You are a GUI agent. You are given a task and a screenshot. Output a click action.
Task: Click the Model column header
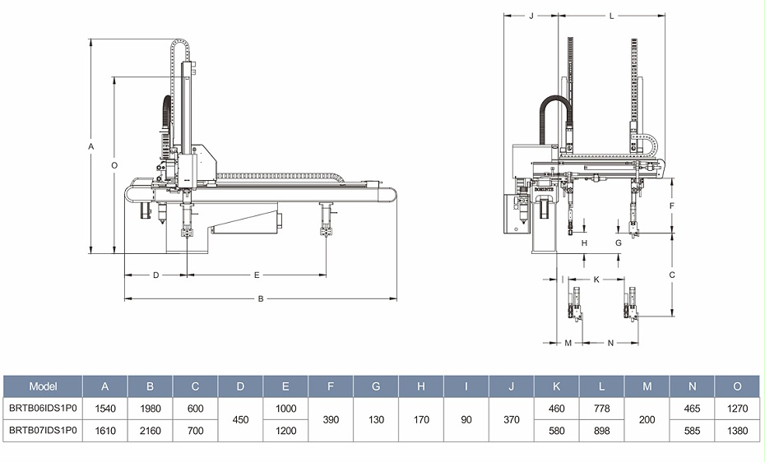pyautogui.click(x=43, y=386)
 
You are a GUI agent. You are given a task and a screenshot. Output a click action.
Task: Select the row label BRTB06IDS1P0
pyautogui.click(x=43, y=408)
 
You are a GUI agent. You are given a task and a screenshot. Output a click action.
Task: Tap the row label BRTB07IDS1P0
pyautogui.click(x=43, y=430)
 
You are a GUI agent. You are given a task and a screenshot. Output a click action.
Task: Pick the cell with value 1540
pyautogui.click(x=105, y=408)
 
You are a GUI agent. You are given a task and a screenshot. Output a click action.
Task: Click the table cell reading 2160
pyautogui.click(x=151, y=430)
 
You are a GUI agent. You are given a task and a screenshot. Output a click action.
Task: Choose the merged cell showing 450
pyautogui.click(x=241, y=419)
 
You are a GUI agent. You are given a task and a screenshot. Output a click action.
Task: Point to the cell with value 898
pyautogui.click(x=602, y=430)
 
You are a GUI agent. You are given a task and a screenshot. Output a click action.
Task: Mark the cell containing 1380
pyautogui.click(x=737, y=430)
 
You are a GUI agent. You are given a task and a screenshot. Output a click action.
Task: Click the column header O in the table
pyautogui.click(x=737, y=386)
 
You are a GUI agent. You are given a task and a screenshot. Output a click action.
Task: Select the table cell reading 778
pyautogui.click(x=602, y=408)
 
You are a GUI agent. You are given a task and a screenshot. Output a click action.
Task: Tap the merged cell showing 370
pyautogui.click(x=512, y=419)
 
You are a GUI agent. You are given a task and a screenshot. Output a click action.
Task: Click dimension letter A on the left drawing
pyautogui.click(x=91, y=146)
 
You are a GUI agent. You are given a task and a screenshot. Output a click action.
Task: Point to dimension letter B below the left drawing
pyautogui.click(x=261, y=298)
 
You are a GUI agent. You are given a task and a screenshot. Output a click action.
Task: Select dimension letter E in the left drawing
pyautogui.click(x=257, y=275)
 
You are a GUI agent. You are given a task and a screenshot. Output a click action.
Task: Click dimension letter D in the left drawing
pyautogui.click(x=155, y=275)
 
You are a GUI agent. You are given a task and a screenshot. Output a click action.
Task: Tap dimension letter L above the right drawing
pyautogui.click(x=612, y=16)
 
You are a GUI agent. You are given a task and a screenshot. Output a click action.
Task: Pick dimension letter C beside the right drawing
pyautogui.click(x=672, y=275)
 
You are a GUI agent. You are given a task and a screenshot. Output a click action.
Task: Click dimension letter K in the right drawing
pyautogui.click(x=596, y=280)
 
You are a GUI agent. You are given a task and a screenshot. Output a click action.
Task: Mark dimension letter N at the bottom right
pyautogui.click(x=610, y=343)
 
